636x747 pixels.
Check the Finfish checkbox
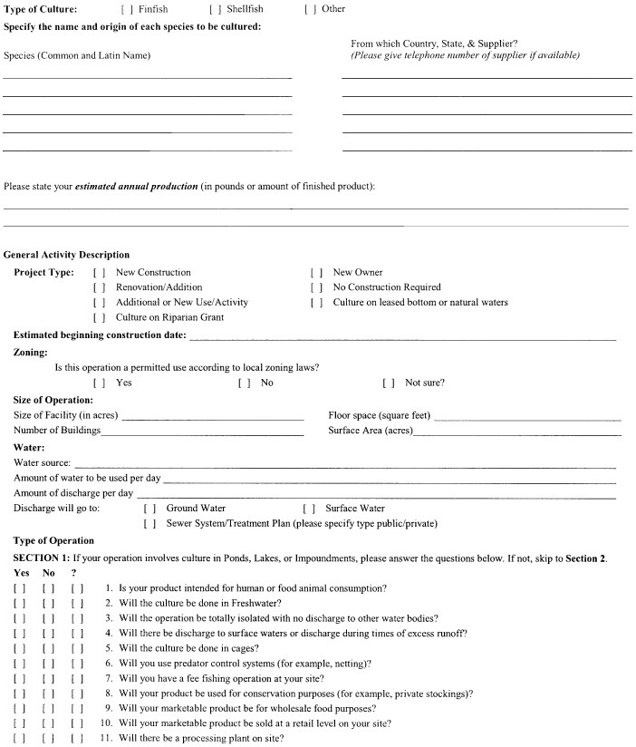coord(126,9)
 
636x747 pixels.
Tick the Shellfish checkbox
coord(215,9)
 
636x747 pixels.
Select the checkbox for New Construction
coord(99,273)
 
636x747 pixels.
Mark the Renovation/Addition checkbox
coord(99,287)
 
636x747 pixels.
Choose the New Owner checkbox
coord(316,273)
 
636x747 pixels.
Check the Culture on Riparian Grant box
coord(99,318)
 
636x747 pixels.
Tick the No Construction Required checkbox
coord(316,287)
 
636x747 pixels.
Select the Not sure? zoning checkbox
coord(389,383)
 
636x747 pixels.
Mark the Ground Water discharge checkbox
coord(149,509)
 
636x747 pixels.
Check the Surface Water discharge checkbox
coord(309,509)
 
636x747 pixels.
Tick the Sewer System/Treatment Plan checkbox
coord(149,524)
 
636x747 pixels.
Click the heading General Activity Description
coord(67,256)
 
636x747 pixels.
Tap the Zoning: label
coord(31,353)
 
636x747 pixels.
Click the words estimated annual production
coord(136,187)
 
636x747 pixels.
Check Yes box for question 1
coord(20,589)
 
